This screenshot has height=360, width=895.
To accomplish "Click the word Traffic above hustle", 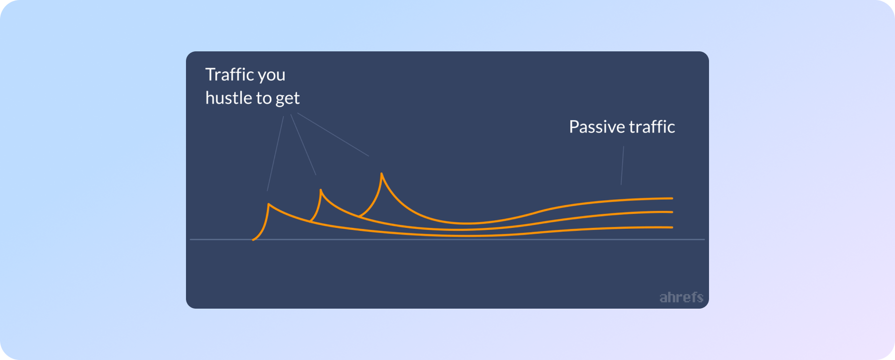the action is click(x=230, y=74).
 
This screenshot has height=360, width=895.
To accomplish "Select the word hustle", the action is click(x=229, y=98).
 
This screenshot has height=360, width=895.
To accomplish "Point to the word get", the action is click(x=288, y=99).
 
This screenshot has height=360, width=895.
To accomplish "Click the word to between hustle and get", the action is click(x=264, y=98).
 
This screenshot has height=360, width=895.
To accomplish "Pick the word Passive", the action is click(x=597, y=127).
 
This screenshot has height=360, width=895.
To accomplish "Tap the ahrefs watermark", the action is click(x=681, y=297).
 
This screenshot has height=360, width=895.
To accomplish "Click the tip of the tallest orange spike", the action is click(x=381, y=174).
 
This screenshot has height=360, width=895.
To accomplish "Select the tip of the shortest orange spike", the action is click(x=269, y=204).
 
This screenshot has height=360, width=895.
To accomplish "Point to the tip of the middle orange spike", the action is click(x=321, y=189).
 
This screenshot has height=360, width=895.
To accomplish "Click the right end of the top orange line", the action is click(x=672, y=198).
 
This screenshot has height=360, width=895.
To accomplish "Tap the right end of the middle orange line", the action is click(x=672, y=212).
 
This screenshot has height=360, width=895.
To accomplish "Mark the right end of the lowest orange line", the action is click(x=672, y=227).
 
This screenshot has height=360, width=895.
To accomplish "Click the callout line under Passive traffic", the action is click(x=622, y=166).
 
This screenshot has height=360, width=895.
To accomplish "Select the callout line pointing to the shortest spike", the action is click(x=275, y=154).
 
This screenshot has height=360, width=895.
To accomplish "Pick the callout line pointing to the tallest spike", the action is click(x=333, y=135).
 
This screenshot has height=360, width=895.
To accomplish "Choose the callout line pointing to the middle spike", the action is click(x=303, y=145).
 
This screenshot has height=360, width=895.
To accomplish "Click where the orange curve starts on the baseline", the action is click(x=253, y=240).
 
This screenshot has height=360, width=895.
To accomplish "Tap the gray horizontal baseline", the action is click(x=447, y=239).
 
